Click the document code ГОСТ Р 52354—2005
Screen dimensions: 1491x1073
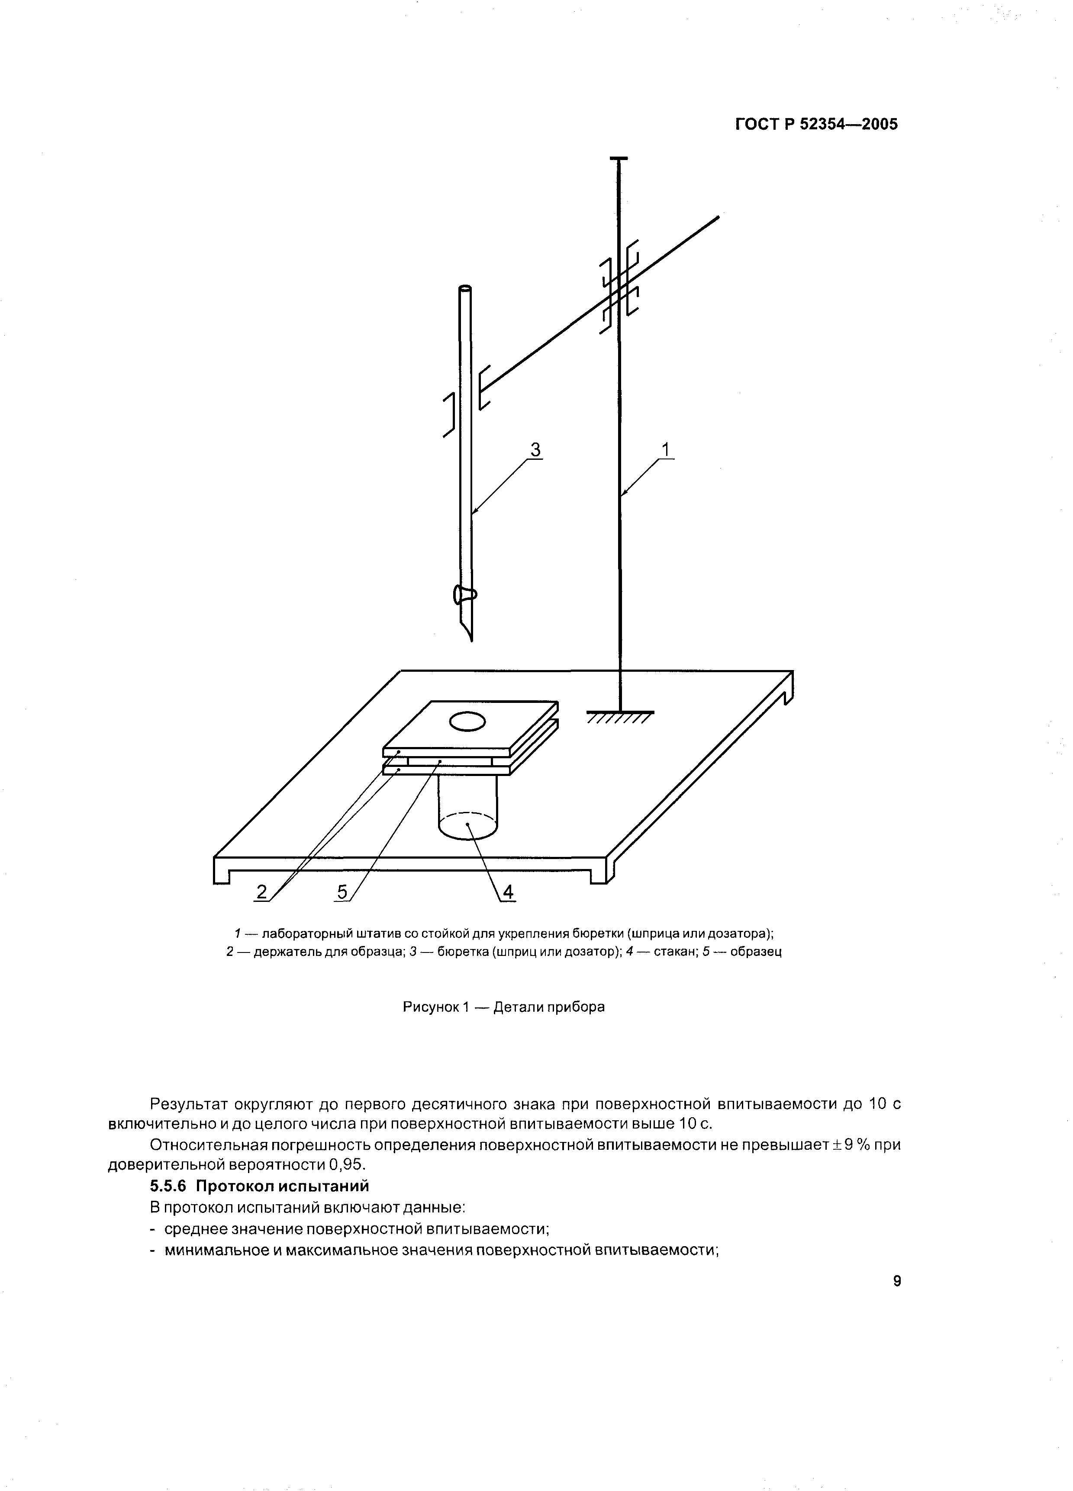tap(816, 124)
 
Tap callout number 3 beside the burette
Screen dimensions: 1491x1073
tap(535, 450)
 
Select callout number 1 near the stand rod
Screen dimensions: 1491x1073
tap(666, 450)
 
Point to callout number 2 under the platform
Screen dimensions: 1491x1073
tap(262, 891)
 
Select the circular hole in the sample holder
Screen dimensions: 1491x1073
tap(467, 722)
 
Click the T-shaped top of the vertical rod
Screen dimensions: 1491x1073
tap(619, 158)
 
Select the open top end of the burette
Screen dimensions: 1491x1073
tap(465, 288)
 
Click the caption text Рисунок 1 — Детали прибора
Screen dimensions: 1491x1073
tap(503, 1007)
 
